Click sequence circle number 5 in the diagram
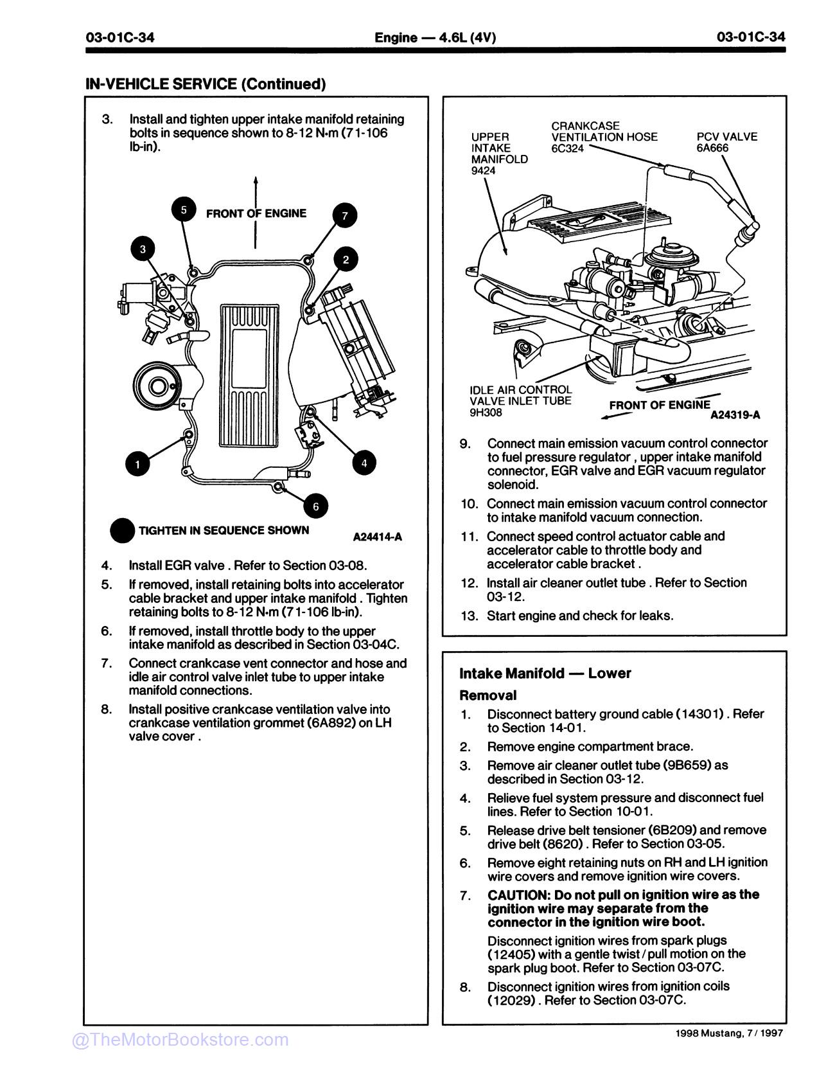184,210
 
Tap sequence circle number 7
345,215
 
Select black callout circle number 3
143,249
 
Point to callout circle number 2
346,260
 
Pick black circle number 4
364,463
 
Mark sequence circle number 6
315,506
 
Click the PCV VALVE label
726,137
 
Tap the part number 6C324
567,148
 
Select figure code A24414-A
377,537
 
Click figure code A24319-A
735,415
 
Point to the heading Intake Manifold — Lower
545,674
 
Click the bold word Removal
488,695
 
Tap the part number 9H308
486,413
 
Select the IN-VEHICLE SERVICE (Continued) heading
206,84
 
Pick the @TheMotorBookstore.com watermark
180,1040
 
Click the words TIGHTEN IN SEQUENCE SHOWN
224,531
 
